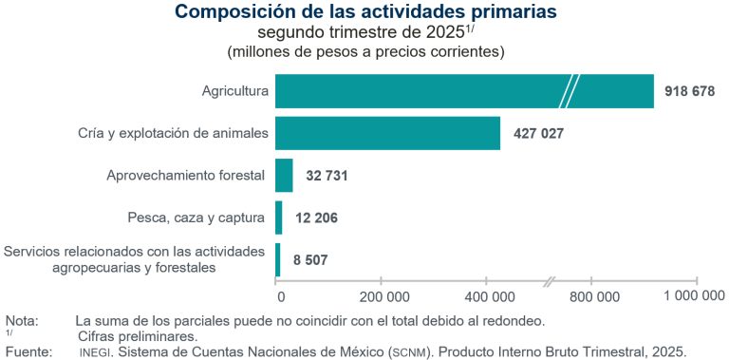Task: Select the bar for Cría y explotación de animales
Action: pyautogui.click(x=387, y=133)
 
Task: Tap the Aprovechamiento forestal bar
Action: pyautogui.click(x=284, y=176)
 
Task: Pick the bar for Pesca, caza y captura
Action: pyautogui.click(x=278, y=218)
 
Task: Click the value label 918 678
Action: pyautogui.click(x=690, y=91)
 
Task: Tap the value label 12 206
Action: pyautogui.click(x=316, y=218)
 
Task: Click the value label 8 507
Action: pyautogui.click(x=308, y=259)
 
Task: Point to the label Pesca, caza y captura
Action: pyautogui.click(x=196, y=218)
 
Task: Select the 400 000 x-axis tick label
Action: pyautogui.click(x=486, y=295)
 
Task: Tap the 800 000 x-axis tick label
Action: pyautogui.click(x=592, y=295)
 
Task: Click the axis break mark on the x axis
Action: pyautogui.click(x=551, y=281)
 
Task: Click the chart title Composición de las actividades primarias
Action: pyautogui.click(x=365, y=12)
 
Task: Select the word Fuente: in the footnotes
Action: pyautogui.click(x=28, y=351)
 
